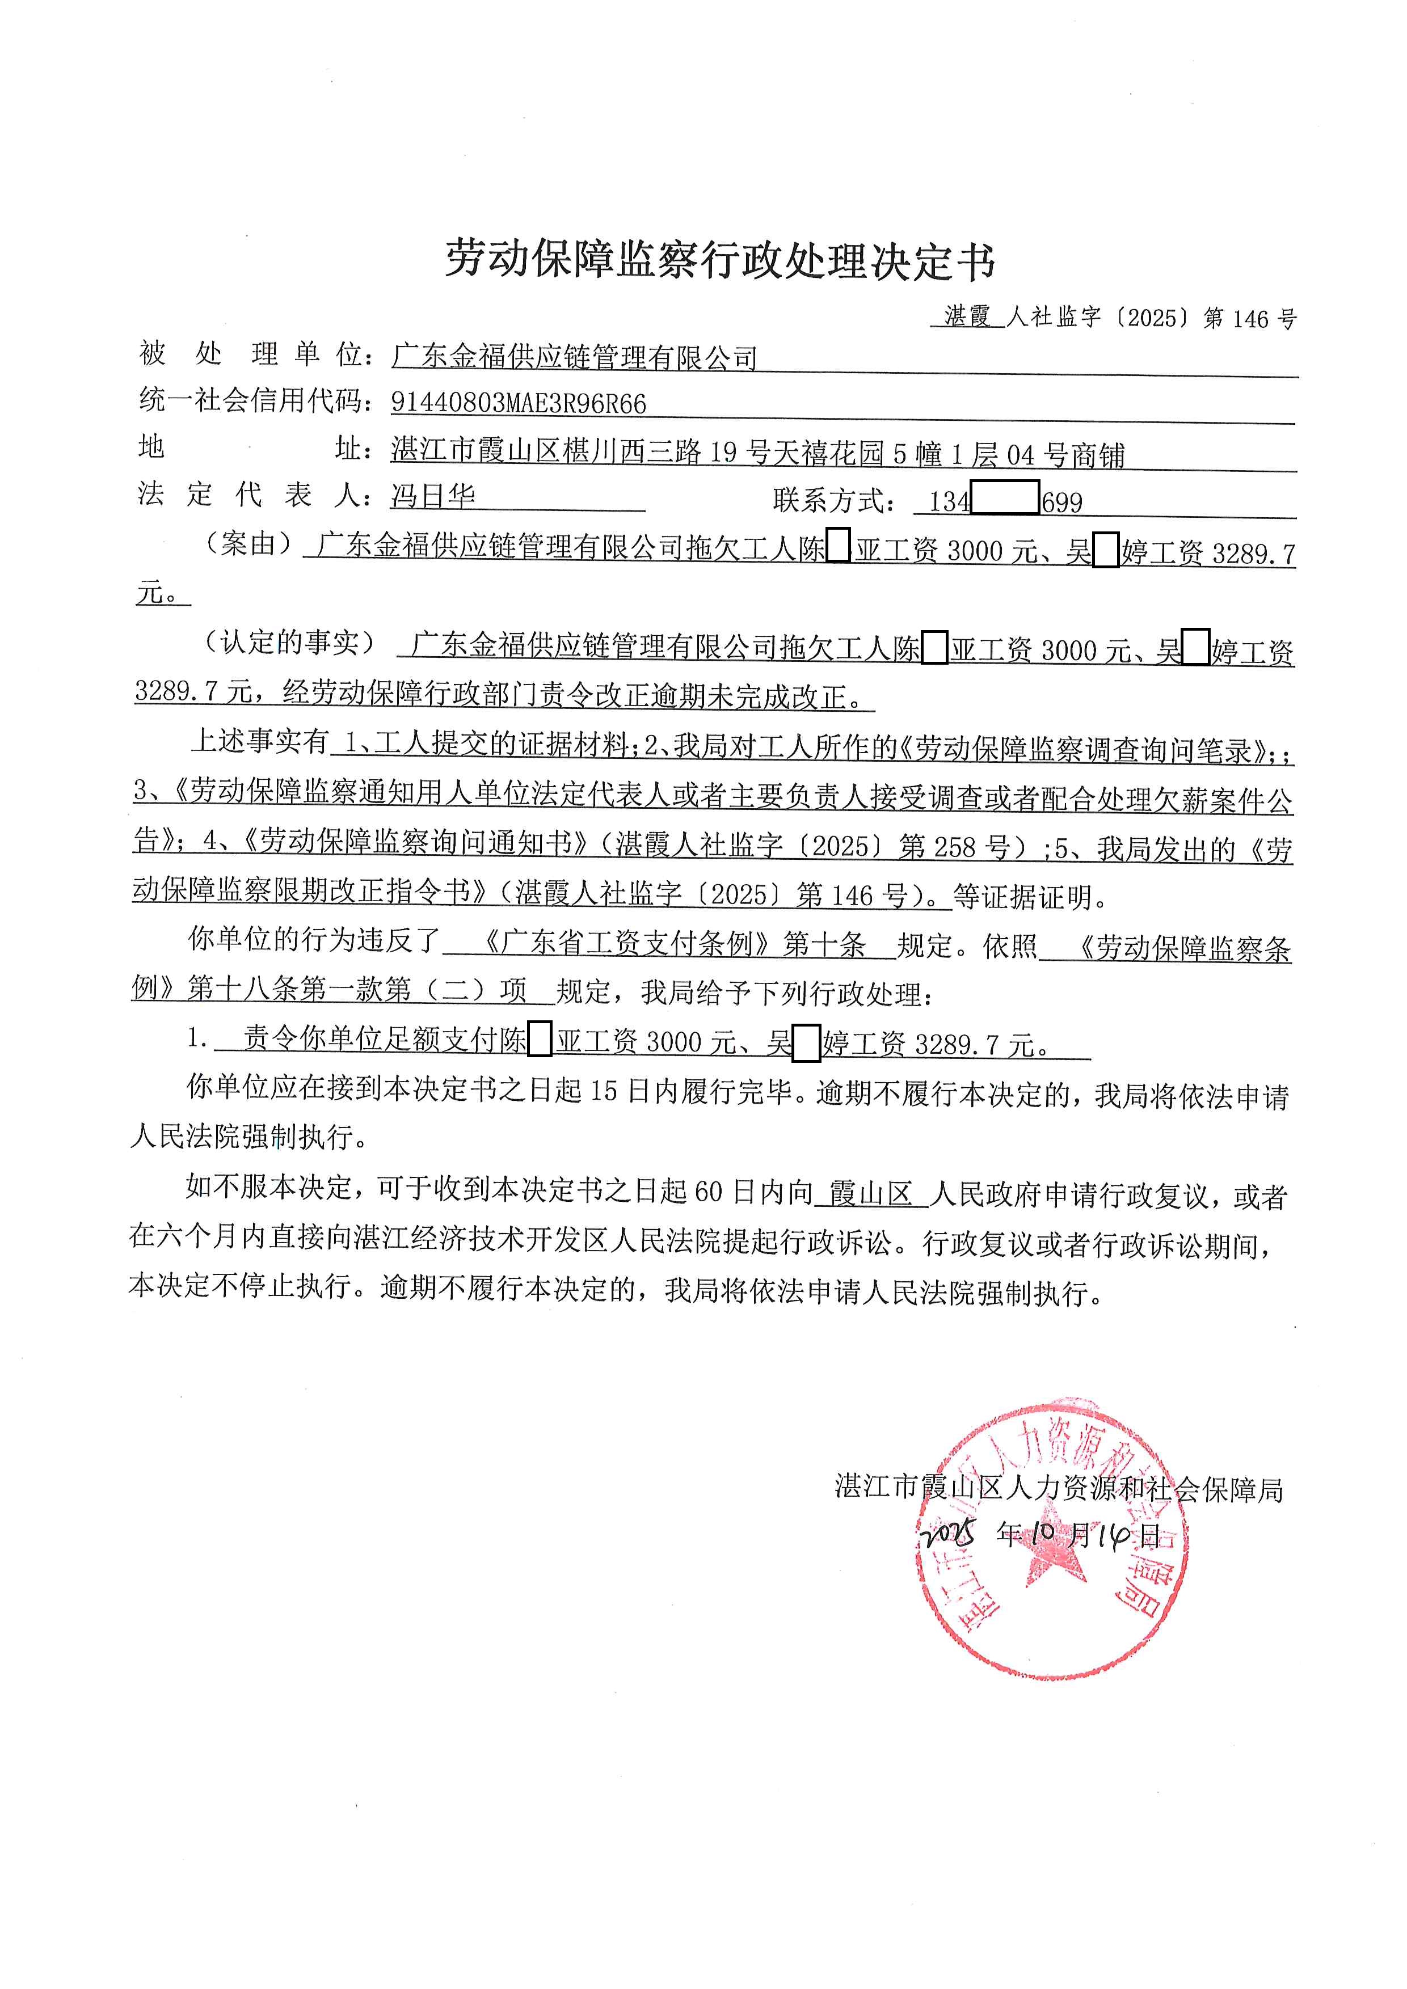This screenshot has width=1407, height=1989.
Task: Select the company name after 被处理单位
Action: pos(574,357)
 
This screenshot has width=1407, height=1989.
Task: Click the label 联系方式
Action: pos(833,501)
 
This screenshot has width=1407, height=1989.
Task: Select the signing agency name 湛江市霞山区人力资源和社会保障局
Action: pos(1058,1488)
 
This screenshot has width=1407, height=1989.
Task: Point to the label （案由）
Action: pos(248,544)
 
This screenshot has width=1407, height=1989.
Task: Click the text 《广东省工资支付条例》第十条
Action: pos(671,943)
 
